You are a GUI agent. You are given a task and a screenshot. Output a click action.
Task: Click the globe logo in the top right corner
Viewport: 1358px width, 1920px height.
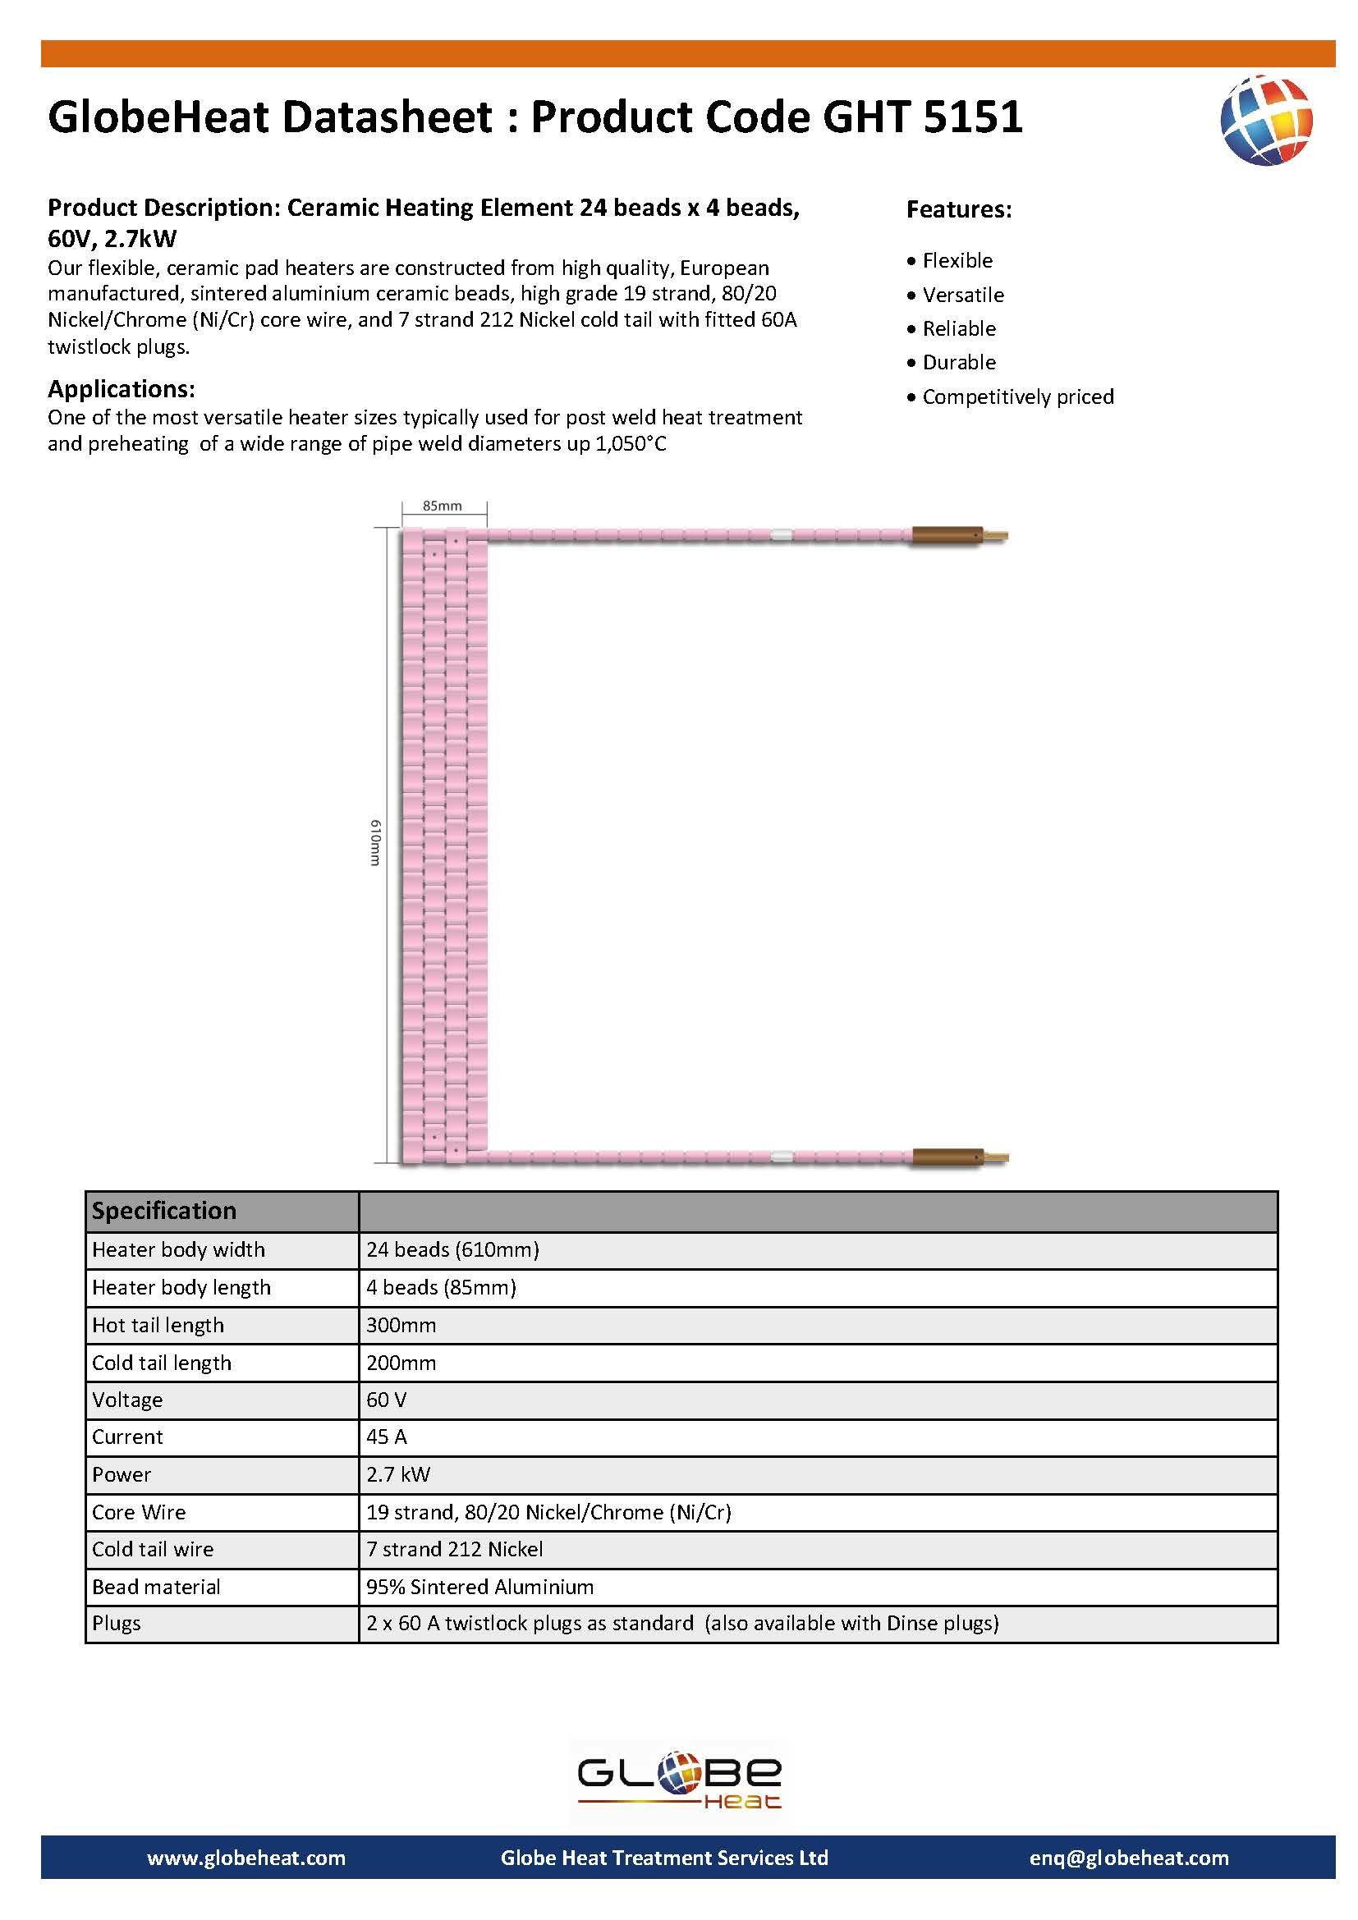[1266, 120]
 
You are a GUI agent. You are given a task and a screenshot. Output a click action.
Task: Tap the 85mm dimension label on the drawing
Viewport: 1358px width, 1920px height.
[442, 506]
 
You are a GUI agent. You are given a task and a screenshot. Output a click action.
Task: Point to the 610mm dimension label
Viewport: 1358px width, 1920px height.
[376, 842]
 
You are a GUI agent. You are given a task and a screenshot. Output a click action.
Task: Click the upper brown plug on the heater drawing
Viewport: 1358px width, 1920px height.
[946, 535]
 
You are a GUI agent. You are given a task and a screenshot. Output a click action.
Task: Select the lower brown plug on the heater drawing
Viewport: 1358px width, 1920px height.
[946, 1157]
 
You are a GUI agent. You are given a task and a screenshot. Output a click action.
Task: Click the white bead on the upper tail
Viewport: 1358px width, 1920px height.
[780, 535]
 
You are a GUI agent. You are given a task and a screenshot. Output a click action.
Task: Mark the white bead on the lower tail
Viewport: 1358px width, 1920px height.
[780, 1157]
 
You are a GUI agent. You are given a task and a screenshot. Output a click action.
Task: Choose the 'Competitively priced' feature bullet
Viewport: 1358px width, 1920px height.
[1017, 396]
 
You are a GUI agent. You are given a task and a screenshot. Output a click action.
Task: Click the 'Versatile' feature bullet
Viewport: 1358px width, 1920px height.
[962, 296]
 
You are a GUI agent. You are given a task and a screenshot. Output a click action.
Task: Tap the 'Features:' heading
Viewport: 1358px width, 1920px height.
[958, 209]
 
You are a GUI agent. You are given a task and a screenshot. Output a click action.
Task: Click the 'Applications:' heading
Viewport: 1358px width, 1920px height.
[122, 389]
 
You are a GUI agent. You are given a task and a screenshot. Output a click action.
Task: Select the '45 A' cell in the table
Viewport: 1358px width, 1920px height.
[387, 1437]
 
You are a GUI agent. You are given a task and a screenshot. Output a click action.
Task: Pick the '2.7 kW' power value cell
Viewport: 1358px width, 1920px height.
[398, 1474]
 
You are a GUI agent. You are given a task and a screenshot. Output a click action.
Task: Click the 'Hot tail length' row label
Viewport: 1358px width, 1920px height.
[158, 1325]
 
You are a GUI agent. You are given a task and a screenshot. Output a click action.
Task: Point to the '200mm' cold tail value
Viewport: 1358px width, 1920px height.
[401, 1363]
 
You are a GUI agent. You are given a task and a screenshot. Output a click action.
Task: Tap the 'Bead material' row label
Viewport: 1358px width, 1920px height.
[156, 1587]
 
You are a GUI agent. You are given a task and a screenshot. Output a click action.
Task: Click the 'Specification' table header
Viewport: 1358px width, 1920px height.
[164, 1211]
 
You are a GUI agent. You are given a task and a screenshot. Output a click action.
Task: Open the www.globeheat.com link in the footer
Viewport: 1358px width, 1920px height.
[245, 1858]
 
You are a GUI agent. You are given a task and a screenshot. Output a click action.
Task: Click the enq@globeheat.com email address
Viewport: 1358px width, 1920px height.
[1129, 1858]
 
